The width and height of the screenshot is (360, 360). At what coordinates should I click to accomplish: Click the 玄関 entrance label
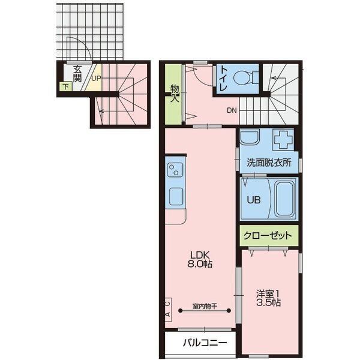click(x=77, y=74)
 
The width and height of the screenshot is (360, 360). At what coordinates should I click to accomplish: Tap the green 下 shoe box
click(x=66, y=87)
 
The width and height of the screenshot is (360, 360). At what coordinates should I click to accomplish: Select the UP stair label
click(x=96, y=79)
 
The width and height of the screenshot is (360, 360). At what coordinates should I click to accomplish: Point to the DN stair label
click(x=232, y=110)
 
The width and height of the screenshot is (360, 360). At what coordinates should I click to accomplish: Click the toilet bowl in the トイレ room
click(x=242, y=77)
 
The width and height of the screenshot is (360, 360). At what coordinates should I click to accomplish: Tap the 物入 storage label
click(x=175, y=94)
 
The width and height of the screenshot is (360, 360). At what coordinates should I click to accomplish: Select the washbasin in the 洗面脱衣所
click(x=250, y=137)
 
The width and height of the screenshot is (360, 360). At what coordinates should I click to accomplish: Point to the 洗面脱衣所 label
click(x=269, y=163)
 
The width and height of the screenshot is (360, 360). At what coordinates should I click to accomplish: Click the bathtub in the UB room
click(x=284, y=199)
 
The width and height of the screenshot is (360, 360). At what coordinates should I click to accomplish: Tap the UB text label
click(x=254, y=200)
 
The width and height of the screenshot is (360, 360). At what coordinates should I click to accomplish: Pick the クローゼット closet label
click(x=268, y=236)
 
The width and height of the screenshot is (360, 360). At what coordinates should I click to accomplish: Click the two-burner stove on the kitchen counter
click(x=175, y=169)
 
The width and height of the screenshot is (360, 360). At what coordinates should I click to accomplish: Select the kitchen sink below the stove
click(x=176, y=197)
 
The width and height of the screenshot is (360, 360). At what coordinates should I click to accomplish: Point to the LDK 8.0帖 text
click(x=200, y=259)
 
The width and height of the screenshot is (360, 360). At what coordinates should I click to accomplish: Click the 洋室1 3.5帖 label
click(x=269, y=298)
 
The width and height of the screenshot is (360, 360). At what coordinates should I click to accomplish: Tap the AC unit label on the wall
click(x=168, y=309)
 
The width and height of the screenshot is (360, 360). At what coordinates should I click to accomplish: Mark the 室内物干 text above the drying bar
click(x=205, y=306)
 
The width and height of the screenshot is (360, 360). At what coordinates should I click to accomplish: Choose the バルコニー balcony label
click(x=205, y=343)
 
